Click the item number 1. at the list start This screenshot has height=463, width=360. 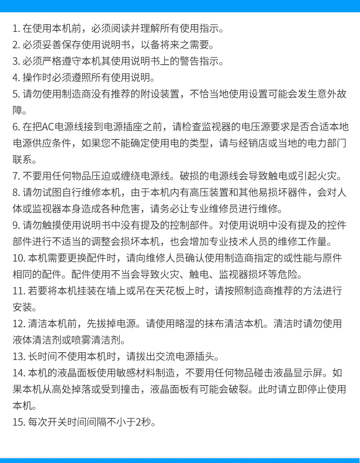pyautogui.click(x=16, y=29)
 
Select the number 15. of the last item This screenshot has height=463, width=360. pyautogui.click(x=18, y=422)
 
